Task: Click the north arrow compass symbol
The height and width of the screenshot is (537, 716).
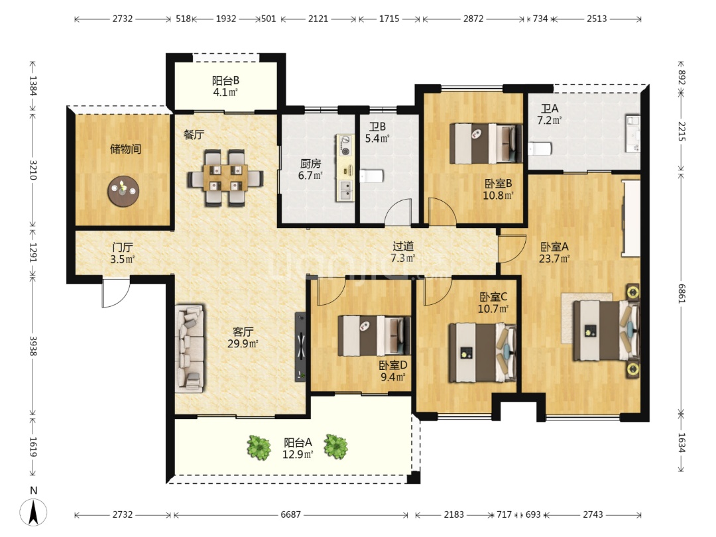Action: pos(33,512)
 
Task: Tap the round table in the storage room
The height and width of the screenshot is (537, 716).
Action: pos(123,191)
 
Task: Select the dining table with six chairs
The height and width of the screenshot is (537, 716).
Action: pos(225,178)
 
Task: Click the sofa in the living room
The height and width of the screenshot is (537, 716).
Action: pos(190,349)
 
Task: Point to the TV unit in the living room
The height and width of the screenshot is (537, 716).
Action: pos(300,347)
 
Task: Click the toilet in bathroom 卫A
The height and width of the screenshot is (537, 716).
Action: pos(540,149)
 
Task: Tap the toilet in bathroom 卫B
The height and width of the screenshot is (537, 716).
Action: pos(371,176)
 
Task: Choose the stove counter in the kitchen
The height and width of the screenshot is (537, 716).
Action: pos(345,168)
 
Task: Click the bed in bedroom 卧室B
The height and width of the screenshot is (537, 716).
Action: pos(486,143)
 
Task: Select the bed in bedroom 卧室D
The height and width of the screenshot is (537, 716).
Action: pos(374,335)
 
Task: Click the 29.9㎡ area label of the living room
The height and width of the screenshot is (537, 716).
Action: pos(243,343)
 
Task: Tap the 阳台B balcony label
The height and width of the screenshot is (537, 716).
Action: pos(225,81)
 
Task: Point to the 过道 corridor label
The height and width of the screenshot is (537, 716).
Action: pos(403,246)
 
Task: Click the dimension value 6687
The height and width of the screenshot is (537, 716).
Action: pos(291,514)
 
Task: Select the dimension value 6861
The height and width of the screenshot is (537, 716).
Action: pos(682,294)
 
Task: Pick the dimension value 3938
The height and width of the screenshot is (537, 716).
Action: pos(33,345)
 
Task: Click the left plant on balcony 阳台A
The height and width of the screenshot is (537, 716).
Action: pos(259,447)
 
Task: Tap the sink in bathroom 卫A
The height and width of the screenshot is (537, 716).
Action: pos(633,133)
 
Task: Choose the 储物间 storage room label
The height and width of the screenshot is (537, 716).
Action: pos(125,149)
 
